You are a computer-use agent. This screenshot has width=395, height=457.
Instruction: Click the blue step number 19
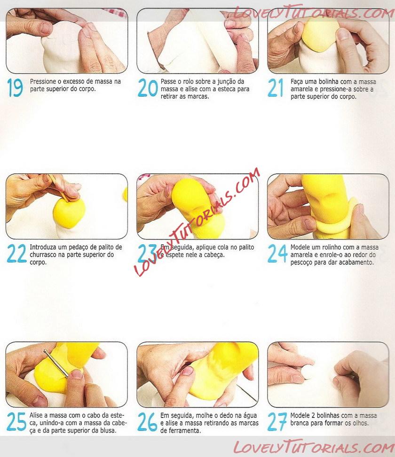[x=15, y=87]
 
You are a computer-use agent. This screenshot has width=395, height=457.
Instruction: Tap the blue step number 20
[x=148, y=87]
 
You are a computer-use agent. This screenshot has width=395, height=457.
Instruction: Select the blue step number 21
[x=276, y=87]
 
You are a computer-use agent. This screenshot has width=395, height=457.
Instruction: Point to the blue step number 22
[x=17, y=253]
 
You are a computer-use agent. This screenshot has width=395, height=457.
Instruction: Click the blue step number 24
[x=277, y=253]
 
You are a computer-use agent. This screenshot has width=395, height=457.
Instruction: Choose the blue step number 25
[x=16, y=421]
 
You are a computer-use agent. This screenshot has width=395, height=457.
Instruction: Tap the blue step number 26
[x=148, y=421]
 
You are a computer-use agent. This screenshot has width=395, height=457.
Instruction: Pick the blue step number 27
[x=277, y=421]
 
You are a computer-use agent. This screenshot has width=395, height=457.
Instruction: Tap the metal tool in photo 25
[x=56, y=364]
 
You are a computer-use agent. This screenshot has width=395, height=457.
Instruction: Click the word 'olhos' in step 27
[x=361, y=423]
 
